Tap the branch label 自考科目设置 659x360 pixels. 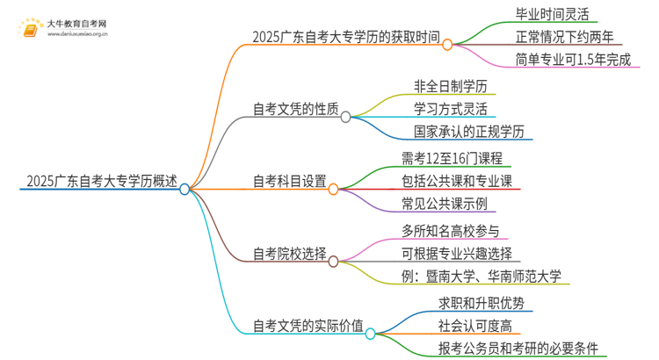[290, 182]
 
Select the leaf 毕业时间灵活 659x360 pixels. [557, 14]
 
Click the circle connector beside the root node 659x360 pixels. [185, 189]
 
